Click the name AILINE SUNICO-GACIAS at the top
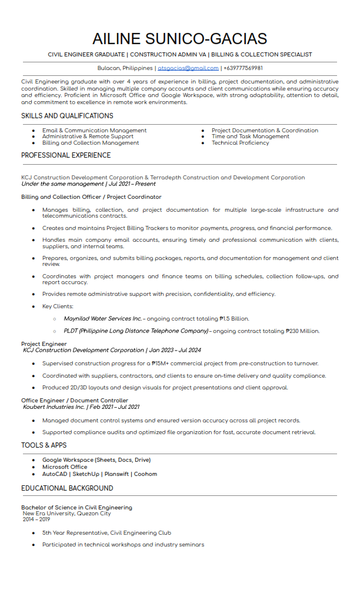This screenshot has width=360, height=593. pyautogui.click(x=179, y=39)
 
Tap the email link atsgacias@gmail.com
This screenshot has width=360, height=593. pyautogui.click(x=188, y=68)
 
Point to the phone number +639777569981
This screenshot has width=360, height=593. pyautogui.click(x=243, y=68)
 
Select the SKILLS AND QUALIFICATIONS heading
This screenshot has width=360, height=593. pyautogui.click(x=67, y=116)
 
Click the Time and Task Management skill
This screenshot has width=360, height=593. pyautogui.click(x=251, y=136)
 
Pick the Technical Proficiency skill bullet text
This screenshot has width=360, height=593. pyautogui.click(x=241, y=143)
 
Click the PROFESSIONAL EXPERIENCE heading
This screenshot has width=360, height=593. pyautogui.click(x=66, y=155)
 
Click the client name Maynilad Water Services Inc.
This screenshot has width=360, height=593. pyautogui.click(x=103, y=319)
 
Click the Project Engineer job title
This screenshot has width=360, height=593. pyautogui.click(x=44, y=344)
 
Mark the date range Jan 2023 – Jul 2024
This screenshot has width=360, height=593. pyautogui.click(x=175, y=350)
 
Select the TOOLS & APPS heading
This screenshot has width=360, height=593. pyautogui.click(x=44, y=445)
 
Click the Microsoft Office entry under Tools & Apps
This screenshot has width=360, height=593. pyautogui.click(x=65, y=467)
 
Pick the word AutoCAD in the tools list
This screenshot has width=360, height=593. pyautogui.click(x=55, y=474)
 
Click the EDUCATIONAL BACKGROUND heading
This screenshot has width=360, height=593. pyautogui.click(x=67, y=488)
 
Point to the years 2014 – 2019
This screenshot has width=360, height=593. pyautogui.click(x=36, y=519)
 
